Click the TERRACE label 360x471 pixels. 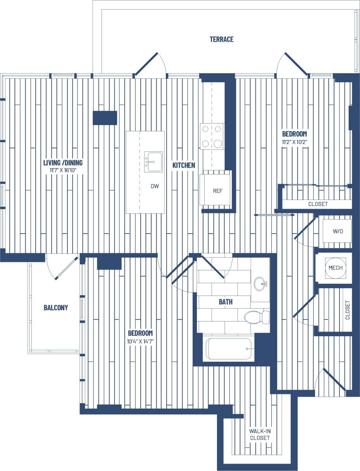pos(222,39)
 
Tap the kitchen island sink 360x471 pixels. pos(153,161)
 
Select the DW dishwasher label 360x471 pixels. pos(155,186)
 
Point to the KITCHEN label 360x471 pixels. pos(184,165)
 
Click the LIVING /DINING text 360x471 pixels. pos(63,163)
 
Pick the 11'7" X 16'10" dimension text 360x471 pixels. pos(63,170)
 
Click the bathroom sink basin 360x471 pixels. pos(260,284)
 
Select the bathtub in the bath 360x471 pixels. pos(229,349)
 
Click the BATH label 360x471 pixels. pos(226,301)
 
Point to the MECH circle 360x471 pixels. pos(335,268)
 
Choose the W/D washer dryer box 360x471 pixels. pos(338,231)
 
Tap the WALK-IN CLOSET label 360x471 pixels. pos(260,434)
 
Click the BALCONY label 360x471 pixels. pos(56,308)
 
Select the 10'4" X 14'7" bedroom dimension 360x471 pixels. pos(140,342)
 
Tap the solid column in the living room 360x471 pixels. pos(105,118)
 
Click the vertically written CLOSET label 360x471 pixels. pos(348,310)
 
